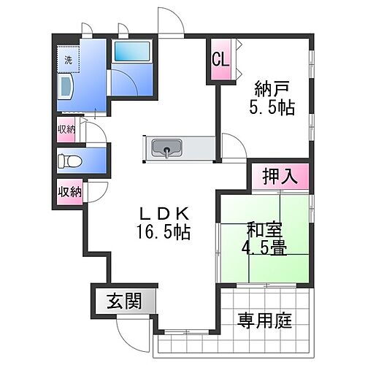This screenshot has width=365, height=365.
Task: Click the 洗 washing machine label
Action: point(68,61)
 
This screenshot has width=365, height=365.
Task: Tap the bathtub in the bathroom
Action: point(131,53)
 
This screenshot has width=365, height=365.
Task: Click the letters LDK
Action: point(166,214)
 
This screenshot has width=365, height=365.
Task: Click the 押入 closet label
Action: point(280,176)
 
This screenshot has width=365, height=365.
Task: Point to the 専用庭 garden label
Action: point(265,321)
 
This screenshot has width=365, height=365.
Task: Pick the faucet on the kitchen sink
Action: point(169,153)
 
